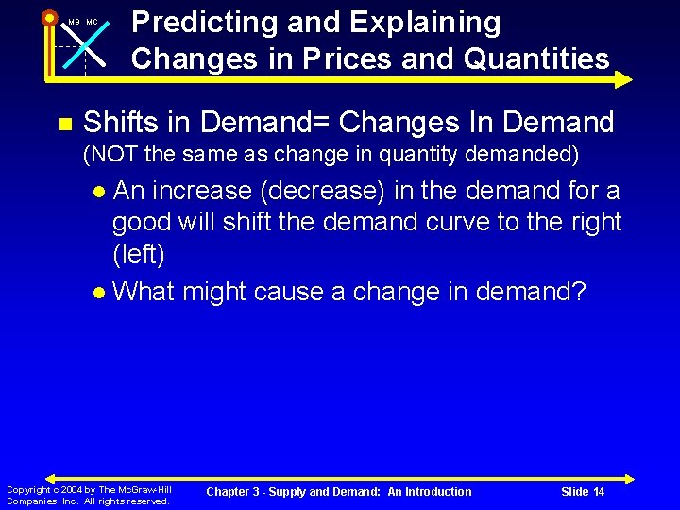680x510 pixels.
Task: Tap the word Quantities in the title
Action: point(533,59)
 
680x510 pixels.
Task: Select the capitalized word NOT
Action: point(115,153)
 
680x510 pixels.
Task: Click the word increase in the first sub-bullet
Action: point(201,191)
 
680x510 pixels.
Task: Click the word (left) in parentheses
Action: point(139,255)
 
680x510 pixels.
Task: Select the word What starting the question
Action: point(144,291)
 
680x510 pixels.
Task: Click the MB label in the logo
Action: point(74,22)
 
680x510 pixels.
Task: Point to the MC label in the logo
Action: point(92,22)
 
